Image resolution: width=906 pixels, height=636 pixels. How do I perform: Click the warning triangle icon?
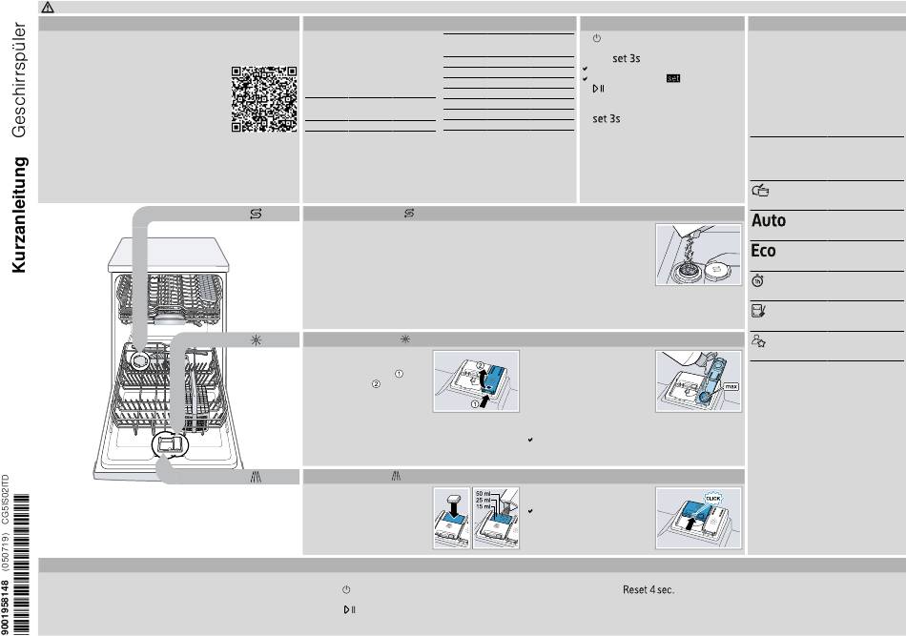pyautogui.click(x=48, y=8)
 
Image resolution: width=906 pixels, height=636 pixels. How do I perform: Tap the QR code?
pyautogui.click(x=264, y=99)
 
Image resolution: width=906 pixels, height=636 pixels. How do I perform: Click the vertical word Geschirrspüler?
pyautogui.click(x=18, y=80)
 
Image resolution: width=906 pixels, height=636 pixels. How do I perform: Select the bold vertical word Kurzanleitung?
pyautogui.click(x=18, y=215)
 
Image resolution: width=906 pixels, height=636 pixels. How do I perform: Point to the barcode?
pyautogui.click(x=20, y=564)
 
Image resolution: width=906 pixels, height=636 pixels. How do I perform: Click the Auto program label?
pyautogui.click(x=769, y=220)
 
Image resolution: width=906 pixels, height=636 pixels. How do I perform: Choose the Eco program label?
pyautogui.click(x=763, y=251)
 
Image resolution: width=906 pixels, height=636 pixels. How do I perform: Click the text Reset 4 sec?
pyautogui.click(x=649, y=590)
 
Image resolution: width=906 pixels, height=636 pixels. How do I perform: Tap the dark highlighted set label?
pyautogui.click(x=673, y=78)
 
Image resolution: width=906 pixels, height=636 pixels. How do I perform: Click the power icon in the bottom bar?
pyautogui.click(x=346, y=590)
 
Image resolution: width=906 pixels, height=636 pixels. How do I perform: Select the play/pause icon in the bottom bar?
pyautogui.click(x=350, y=609)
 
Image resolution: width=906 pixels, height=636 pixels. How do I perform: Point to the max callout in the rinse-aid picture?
pyautogui.click(x=731, y=386)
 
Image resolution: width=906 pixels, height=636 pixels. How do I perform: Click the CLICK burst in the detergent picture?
pyautogui.click(x=713, y=498)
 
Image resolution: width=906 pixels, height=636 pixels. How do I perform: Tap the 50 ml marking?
pyautogui.click(x=483, y=494)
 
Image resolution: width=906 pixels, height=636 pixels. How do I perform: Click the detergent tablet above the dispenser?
pyautogui.click(x=454, y=498)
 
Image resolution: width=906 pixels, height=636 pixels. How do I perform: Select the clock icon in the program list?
pyautogui.click(x=758, y=280)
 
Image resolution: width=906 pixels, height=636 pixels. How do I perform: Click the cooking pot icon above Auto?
pyautogui.click(x=760, y=190)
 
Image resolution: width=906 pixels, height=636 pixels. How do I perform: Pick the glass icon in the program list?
pyautogui.click(x=758, y=311)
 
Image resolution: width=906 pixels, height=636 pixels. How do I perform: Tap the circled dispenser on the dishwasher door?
pyautogui.click(x=170, y=444)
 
